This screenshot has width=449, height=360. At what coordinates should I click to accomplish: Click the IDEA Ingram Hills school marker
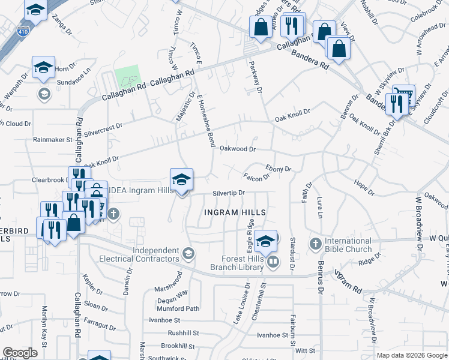[x=181, y=179]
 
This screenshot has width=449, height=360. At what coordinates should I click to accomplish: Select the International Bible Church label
[x=348, y=245]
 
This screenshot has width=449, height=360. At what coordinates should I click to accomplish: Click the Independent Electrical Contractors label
[x=156, y=254]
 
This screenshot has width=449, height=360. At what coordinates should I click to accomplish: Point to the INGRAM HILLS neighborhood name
[x=234, y=212]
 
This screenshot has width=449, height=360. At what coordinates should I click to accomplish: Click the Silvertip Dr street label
[x=229, y=193]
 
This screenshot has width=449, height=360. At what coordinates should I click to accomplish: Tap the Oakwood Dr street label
[x=238, y=148]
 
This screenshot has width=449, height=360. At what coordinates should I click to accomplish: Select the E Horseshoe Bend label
[x=205, y=120]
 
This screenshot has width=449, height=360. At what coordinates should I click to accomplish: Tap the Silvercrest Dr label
[x=103, y=127]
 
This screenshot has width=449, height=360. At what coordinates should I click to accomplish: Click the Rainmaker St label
[x=53, y=140]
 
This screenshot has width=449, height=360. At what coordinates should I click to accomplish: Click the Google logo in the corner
[x=20, y=353]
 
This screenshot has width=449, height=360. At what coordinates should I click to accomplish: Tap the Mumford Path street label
[x=178, y=308]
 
